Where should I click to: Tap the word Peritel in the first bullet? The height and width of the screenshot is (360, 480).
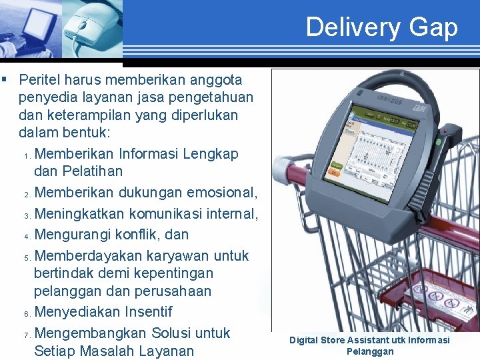(41, 80)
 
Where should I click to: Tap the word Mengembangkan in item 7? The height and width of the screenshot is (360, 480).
(89, 333)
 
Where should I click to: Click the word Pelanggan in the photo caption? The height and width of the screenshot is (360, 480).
(370, 351)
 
